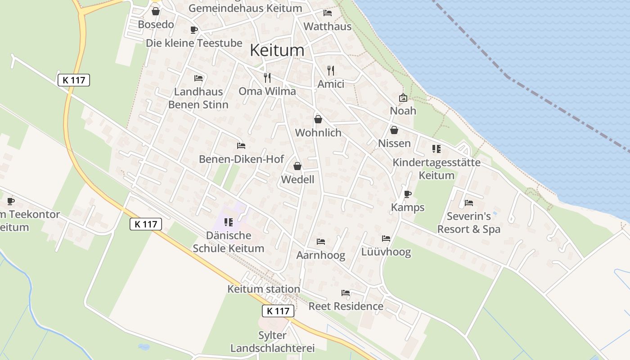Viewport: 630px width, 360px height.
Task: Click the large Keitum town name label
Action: click(x=277, y=50)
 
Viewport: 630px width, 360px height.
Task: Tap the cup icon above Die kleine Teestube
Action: click(x=194, y=30)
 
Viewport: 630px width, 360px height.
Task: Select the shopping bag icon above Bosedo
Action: click(x=156, y=11)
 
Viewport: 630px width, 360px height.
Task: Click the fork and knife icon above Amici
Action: click(x=331, y=71)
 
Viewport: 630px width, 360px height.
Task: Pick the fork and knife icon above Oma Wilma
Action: click(x=267, y=78)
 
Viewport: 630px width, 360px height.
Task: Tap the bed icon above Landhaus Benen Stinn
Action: click(x=198, y=78)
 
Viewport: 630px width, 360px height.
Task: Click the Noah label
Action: click(x=403, y=111)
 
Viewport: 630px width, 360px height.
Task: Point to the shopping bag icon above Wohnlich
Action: click(x=318, y=119)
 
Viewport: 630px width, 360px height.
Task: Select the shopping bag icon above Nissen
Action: click(x=394, y=130)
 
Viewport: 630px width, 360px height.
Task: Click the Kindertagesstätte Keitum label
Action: click(x=436, y=169)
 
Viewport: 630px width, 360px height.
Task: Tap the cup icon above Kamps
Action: click(x=408, y=194)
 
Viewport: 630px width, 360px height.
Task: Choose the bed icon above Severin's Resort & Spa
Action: click(x=469, y=203)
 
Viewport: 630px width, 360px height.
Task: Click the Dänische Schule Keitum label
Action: click(x=229, y=242)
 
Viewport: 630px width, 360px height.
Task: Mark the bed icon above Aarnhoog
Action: click(x=321, y=242)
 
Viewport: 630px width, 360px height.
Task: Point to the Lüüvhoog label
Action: click(x=386, y=252)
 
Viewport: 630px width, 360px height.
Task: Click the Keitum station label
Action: click(x=264, y=289)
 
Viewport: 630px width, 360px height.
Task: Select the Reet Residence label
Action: click(x=346, y=306)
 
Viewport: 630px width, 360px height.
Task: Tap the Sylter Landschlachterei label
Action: click(x=272, y=342)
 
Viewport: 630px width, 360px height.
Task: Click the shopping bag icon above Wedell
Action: click(x=297, y=166)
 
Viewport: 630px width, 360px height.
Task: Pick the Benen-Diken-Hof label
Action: click(x=241, y=159)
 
